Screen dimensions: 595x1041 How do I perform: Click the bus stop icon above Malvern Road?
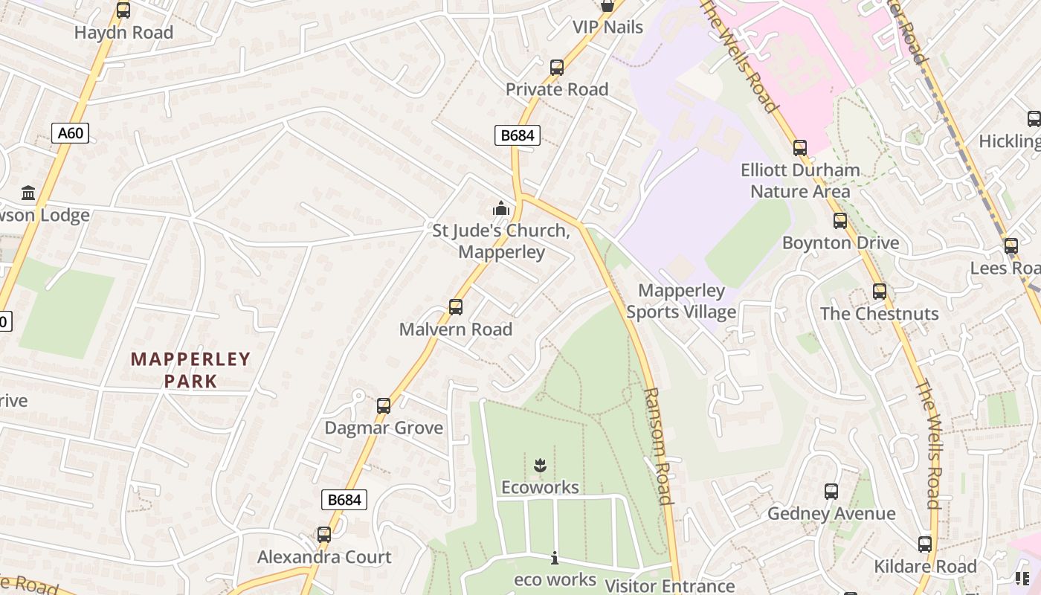point(456,306)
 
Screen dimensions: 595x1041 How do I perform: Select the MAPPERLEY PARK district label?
point(191,370)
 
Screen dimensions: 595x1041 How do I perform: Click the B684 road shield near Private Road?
point(518,135)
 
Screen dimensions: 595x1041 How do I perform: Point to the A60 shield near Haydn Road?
point(71,133)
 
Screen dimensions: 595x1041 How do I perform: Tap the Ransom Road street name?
point(659,446)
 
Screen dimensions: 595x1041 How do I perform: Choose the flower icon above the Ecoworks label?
point(540,466)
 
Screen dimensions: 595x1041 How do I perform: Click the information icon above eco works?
point(555,558)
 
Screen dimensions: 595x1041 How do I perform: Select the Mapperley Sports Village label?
point(681,301)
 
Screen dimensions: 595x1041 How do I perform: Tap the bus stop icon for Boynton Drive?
point(840,221)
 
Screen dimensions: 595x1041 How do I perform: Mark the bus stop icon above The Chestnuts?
point(880,292)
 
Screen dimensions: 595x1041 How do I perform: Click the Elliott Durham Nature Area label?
point(800,181)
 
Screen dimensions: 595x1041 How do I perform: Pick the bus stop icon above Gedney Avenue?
point(831,492)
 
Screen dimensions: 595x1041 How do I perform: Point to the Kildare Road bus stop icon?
point(925,544)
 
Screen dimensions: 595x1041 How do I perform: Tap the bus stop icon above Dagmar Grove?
point(384,406)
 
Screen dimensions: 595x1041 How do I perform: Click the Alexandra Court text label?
point(324,557)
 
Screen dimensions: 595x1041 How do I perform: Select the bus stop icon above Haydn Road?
point(123,10)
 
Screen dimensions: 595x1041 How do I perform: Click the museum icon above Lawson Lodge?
point(29,193)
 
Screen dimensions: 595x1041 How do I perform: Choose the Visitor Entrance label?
point(669,586)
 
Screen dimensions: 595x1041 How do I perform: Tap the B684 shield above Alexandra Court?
point(344,500)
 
